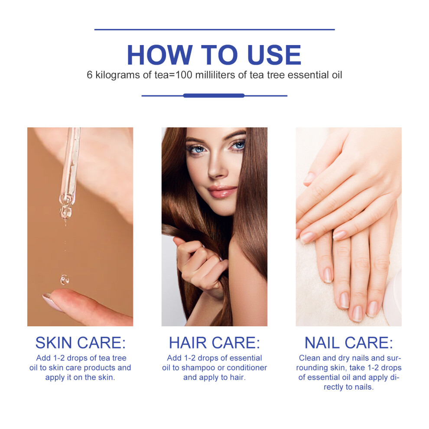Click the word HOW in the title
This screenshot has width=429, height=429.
[160, 55]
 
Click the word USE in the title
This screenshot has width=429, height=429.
[274, 55]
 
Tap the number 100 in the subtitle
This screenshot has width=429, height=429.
[184, 75]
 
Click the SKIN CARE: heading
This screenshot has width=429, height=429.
[81, 342]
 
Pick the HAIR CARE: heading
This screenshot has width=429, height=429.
[214, 342]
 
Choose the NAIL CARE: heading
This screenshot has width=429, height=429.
[348, 342]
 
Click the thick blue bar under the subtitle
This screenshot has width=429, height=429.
[214, 95]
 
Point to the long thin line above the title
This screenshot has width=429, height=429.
[214, 29]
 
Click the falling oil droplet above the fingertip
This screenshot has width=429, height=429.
[65, 279]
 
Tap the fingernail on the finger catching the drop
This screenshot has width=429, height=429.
[52, 302]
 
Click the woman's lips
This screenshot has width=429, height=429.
[222, 191]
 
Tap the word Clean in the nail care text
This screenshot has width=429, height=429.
[309, 358]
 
